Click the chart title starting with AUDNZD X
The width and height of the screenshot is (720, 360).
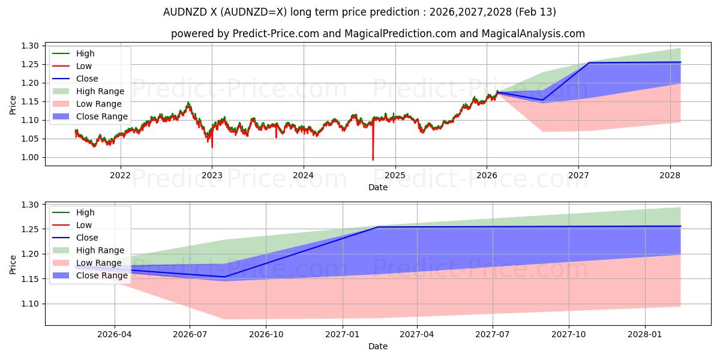click(x=359, y=12)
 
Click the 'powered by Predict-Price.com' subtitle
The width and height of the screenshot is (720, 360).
click(x=377, y=34)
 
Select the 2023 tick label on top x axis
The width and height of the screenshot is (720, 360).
click(x=212, y=175)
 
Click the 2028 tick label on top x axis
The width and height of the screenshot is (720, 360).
click(x=670, y=175)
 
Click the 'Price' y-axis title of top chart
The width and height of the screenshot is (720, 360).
click(x=13, y=106)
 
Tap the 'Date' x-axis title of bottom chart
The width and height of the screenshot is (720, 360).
click(x=377, y=346)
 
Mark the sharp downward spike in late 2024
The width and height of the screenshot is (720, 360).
click(x=373, y=158)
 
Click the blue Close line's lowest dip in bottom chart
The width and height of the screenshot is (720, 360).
click(x=224, y=277)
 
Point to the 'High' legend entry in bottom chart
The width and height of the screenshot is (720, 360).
click(x=85, y=212)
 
